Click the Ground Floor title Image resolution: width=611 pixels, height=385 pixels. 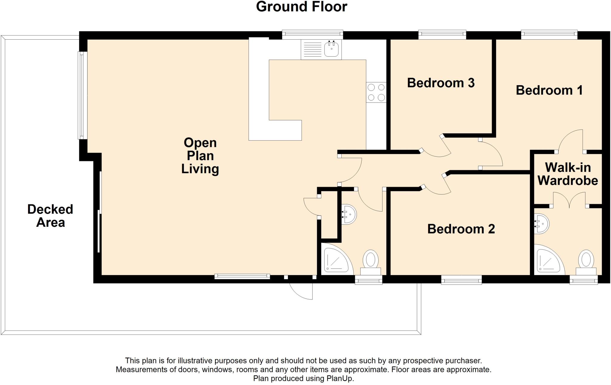click(302, 7)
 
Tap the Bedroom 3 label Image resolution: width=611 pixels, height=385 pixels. click(441, 83)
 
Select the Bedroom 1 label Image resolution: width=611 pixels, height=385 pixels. click(549, 90)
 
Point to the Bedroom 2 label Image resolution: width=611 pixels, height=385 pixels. click(461, 229)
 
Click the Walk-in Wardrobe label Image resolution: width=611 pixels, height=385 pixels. click(568, 174)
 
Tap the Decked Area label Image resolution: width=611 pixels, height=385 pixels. click(50, 216)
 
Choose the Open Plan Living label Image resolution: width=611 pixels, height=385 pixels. click(200, 156)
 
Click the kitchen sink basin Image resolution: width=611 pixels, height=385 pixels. click(331, 49)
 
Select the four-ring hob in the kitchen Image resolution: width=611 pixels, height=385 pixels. click(376, 92)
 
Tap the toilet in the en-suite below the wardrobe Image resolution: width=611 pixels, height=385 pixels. click(586, 263)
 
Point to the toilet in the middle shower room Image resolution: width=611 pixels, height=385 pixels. click(371, 262)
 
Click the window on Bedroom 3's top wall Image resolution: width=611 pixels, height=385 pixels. click(442, 35)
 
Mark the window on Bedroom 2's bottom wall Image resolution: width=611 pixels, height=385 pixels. click(461, 280)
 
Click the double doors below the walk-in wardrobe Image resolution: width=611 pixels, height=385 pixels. click(569, 200)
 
